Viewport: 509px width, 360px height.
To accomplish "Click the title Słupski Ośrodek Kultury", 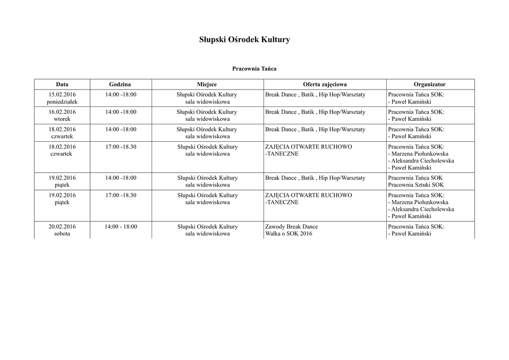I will point(244,39).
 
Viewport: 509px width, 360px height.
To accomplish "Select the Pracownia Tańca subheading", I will point(254,69).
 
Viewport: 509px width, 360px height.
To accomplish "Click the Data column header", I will point(62,85).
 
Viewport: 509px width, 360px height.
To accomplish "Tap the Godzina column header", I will point(120,85).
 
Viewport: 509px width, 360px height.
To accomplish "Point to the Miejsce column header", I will point(207,85).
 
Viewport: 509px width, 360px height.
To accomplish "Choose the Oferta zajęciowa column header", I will point(325,85).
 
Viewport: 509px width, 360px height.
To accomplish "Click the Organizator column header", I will point(429,85).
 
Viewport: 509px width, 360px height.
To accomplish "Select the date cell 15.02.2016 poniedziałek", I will point(62,98).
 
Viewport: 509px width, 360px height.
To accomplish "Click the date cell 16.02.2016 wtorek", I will point(62,115).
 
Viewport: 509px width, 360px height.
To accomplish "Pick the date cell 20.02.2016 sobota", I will point(62,230).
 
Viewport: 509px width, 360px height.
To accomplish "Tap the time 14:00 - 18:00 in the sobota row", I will point(121,227).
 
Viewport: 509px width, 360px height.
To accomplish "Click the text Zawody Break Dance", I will point(291,227).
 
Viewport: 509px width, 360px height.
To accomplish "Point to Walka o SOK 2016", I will point(288,234).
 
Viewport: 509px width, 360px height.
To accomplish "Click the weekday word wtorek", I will point(62,119).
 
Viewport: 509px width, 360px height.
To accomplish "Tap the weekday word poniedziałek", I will point(62,102).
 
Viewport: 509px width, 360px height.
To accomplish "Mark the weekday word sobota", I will point(62,234).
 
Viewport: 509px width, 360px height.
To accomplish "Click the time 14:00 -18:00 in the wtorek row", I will point(121,112).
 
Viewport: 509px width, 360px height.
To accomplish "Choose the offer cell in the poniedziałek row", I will point(315,94).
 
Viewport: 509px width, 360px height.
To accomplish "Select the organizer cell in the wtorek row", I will point(416,115).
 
